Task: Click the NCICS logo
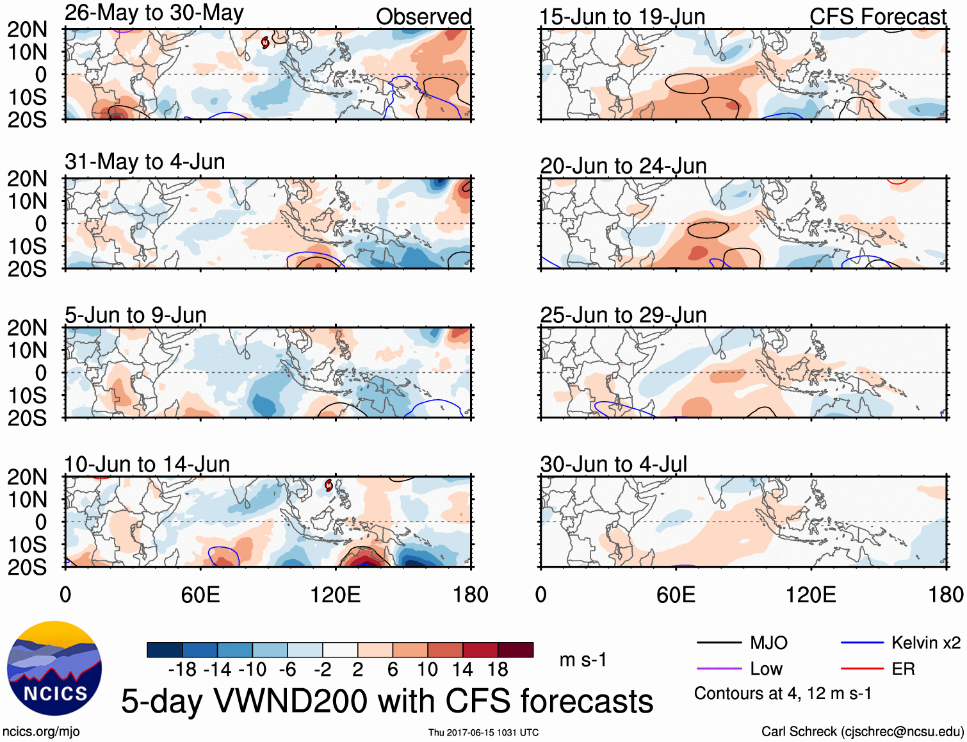coord(54,668)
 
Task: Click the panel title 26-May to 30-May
coord(154,13)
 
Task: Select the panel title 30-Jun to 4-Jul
coord(613,464)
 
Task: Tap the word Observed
coord(423,17)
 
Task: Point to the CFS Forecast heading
coord(877,17)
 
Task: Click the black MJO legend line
coord(719,643)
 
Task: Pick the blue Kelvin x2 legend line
coord(862,643)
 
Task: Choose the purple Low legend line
coord(719,669)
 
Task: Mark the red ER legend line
coord(862,669)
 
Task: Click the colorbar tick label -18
coord(182,670)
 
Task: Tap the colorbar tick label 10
coord(427,670)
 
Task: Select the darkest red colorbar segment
coord(516,650)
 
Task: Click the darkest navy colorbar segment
coord(165,650)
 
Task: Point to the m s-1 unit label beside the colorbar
coord(583,660)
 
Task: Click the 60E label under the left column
coord(200,595)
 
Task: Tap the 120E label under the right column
coord(811,595)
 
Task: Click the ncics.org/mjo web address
coord(41,732)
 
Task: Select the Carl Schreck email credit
coord(862,732)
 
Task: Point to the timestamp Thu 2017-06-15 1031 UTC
coord(483,732)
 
